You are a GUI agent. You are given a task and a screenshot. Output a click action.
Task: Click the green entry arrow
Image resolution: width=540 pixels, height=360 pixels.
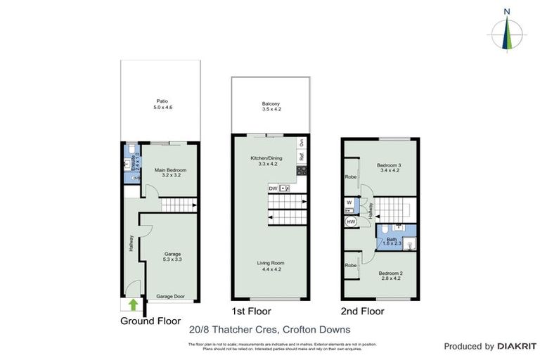pos(134,304)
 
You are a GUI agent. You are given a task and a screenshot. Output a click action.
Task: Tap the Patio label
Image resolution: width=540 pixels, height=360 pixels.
pos(163,103)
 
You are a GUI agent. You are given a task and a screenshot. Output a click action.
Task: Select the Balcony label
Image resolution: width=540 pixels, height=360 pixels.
pos(271,106)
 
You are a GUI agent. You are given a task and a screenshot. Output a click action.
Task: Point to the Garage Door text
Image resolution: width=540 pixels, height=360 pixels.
pos(171,297)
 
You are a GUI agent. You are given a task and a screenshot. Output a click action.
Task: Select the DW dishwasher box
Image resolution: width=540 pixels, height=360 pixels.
pos(273,188)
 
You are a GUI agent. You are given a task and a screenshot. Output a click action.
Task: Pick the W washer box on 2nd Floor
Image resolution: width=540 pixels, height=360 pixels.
pos(349,202)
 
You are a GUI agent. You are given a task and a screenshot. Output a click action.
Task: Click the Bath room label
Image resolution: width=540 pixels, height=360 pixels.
pos(392,241)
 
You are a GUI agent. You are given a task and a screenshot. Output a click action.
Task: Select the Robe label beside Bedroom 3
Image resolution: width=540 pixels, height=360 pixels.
pos(350,177)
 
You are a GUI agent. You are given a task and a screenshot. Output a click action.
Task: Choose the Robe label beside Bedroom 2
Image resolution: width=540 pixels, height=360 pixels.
pos(350,265)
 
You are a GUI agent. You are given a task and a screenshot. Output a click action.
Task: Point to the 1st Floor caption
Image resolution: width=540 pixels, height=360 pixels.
pos(252,311)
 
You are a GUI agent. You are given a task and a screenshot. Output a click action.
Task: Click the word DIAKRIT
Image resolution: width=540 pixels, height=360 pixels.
pos(517,346)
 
